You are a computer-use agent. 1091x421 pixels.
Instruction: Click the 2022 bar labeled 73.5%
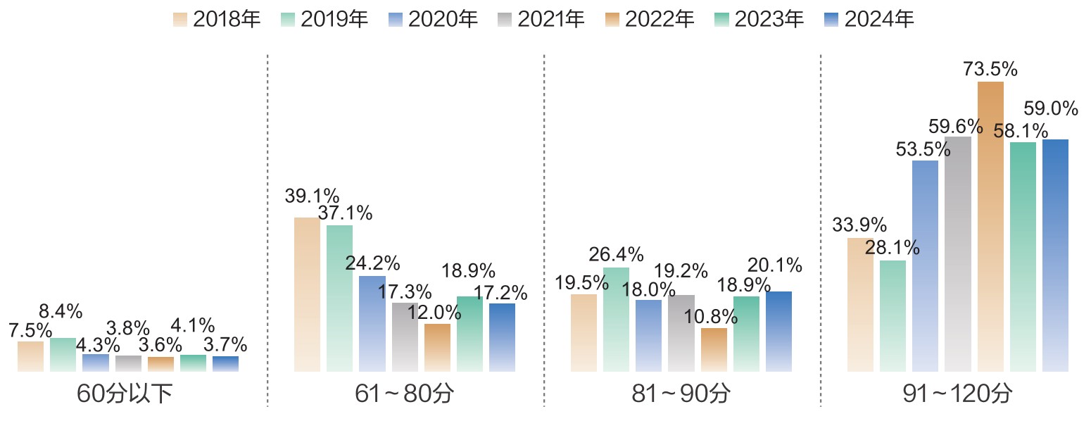[x=990, y=226]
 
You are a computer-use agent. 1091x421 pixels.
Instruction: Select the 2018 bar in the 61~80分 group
[x=307, y=294]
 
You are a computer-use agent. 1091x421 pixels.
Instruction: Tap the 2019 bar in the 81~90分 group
[x=616, y=320]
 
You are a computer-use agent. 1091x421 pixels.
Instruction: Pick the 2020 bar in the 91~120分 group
[x=925, y=266]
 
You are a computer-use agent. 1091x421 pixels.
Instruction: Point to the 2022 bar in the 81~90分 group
[x=714, y=349]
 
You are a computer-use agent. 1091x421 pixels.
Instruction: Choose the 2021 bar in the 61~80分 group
[x=405, y=337]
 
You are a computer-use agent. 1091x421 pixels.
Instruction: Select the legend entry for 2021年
[x=540, y=19]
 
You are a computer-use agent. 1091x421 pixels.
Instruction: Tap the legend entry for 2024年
[x=869, y=19]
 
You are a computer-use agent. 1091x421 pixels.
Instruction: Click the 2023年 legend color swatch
[x=721, y=19]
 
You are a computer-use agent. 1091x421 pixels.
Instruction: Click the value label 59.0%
[x=1050, y=108]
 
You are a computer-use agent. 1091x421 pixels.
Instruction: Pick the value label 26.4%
[x=616, y=253]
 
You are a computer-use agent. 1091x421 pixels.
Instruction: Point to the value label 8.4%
[x=61, y=311]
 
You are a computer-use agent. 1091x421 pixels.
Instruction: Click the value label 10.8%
[x=710, y=317]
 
